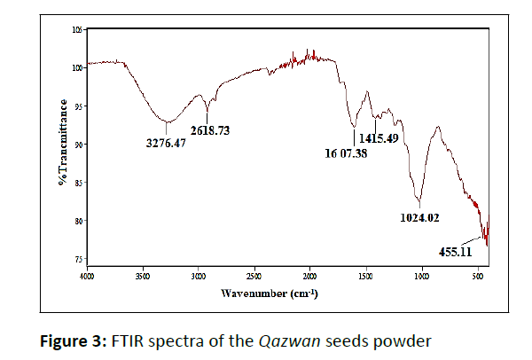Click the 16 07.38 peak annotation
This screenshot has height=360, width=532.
point(347,152)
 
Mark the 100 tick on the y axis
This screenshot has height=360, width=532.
point(77,67)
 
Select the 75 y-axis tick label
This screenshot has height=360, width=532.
point(79,259)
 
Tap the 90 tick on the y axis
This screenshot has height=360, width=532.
point(79,144)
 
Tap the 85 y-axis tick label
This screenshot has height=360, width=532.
point(79,183)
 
